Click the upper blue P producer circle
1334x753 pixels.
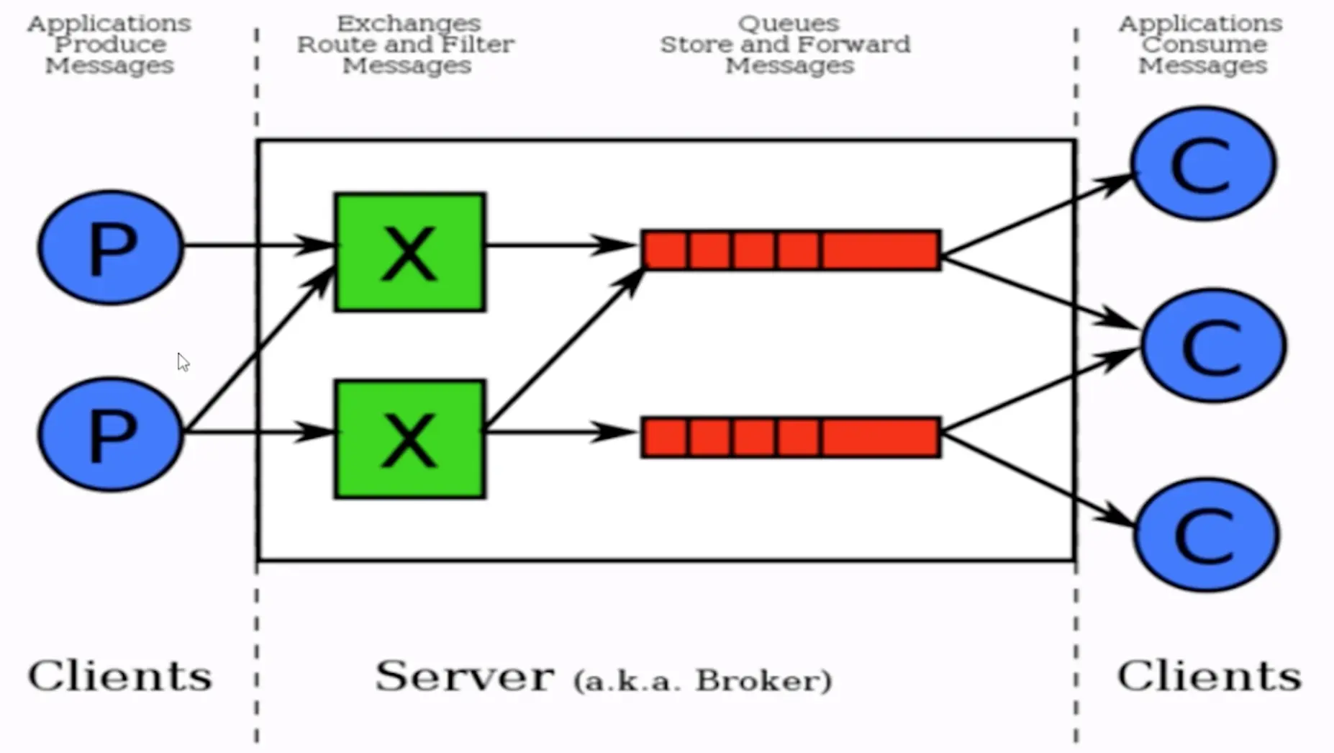pyautogui.click(x=111, y=247)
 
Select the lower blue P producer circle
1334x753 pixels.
pyautogui.click(x=111, y=434)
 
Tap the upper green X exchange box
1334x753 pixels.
pyautogui.click(x=410, y=252)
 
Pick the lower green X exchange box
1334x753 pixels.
pyautogui.click(x=410, y=439)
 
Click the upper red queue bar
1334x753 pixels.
pyautogui.click(x=791, y=251)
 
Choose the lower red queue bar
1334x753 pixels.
pyautogui.click(x=791, y=437)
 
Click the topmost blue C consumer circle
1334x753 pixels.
pyautogui.click(x=1204, y=163)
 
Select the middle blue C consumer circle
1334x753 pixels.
pyautogui.click(x=1213, y=346)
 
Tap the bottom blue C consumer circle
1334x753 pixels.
pyautogui.click(x=1206, y=535)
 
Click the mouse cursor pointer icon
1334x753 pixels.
pyautogui.click(x=183, y=362)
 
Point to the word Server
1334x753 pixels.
pyautogui.click(x=465, y=676)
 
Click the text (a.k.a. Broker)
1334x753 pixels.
pyautogui.click(x=703, y=681)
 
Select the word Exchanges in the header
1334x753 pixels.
pyautogui.click(x=409, y=23)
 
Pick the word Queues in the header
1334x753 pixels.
pyautogui.click(x=789, y=23)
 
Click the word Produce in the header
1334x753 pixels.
pyautogui.click(x=110, y=45)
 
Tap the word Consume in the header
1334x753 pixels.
pyautogui.click(x=1204, y=45)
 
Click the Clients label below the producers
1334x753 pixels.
pyautogui.click(x=120, y=676)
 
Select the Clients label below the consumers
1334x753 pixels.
pyautogui.click(x=1210, y=676)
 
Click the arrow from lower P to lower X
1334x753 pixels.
pyautogui.click(x=259, y=432)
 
